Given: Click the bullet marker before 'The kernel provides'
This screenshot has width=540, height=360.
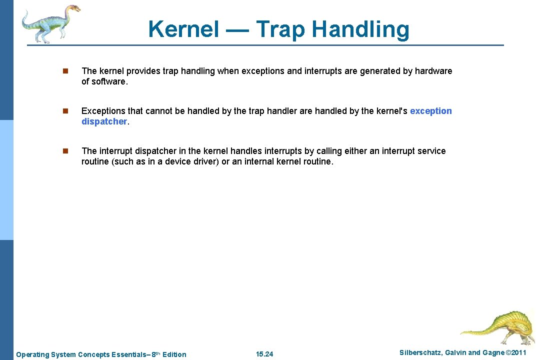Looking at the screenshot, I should pyautogui.click(x=64, y=71).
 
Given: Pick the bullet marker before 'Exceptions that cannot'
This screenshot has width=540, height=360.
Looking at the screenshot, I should pyautogui.click(x=64, y=111).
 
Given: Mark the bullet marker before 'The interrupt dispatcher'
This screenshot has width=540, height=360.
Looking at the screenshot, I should pyautogui.click(x=64, y=151).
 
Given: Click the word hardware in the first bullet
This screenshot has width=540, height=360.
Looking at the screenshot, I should pyautogui.click(x=433, y=71).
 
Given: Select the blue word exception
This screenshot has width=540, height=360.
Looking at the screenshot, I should pyautogui.click(x=430, y=111).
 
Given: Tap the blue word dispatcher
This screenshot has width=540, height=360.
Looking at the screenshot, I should pyautogui.click(x=104, y=121).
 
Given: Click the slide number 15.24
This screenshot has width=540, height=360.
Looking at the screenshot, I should pyautogui.click(x=264, y=354).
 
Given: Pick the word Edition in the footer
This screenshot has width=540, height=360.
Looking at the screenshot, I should pyautogui.click(x=174, y=354).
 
